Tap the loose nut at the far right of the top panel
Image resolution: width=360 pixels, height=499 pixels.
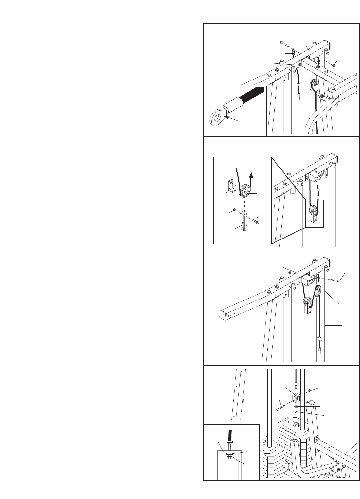pos(334,65)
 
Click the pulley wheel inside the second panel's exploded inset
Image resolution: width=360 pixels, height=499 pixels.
pos(246,192)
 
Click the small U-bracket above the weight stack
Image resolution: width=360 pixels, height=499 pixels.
pos(296,398)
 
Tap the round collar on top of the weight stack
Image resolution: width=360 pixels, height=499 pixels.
pos(297,426)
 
